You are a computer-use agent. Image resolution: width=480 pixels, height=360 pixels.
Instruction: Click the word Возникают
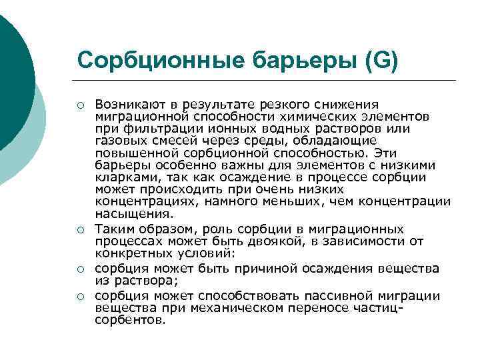point(129,105)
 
